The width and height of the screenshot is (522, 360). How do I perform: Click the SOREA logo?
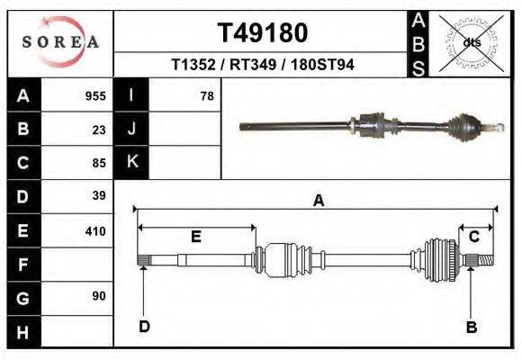pyautogui.click(x=60, y=42)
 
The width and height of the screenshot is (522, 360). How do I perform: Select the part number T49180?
pyautogui.click(x=263, y=33)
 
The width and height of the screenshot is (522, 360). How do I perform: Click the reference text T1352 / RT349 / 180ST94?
pyautogui.click(x=262, y=65)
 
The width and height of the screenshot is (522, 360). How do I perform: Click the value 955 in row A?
pyautogui.click(x=95, y=95)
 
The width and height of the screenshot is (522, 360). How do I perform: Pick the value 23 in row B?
pyautogui.click(x=99, y=129)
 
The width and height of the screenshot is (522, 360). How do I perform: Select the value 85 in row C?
pyautogui.click(x=99, y=163)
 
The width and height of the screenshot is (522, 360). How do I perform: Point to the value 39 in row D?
pyautogui.click(x=99, y=195)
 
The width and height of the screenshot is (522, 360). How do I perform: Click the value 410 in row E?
pyautogui.click(x=95, y=231)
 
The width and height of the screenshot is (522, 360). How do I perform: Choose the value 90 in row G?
pyautogui.click(x=99, y=296)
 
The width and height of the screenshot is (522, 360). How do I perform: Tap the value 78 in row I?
pyautogui.click(x=207, y=95)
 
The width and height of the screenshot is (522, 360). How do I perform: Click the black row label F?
pyautogui.click(x=22, y=265)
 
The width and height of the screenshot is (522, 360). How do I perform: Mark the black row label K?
pyautogui.click(x=132, y=162)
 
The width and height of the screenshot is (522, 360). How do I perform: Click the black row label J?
pyautogui.click(x=132, y=129)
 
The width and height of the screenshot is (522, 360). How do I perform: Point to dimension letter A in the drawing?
pyautogui.click(x=318, y=201)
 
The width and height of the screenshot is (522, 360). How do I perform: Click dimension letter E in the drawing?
pyautogui.click(x=196, y=237)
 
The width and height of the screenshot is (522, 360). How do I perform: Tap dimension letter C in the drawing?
pyautogui.click(x=472, y=237)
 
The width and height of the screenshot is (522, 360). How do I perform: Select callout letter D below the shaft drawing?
pyautogui.click(x=144, y=327)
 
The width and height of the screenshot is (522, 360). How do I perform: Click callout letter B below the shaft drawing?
pyautogui.click(x=471, y=328)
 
